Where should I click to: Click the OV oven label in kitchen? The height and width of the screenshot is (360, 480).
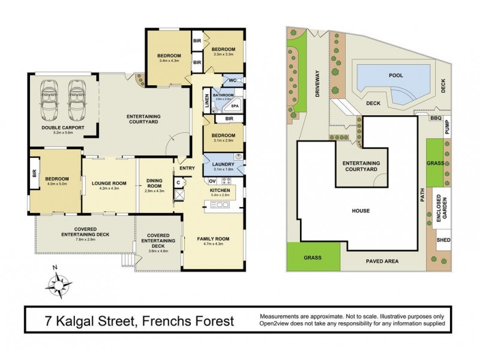pyautogui.click(x=212, y=181)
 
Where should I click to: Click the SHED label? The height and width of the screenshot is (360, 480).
pyautogui.click(x=443, y=241)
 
